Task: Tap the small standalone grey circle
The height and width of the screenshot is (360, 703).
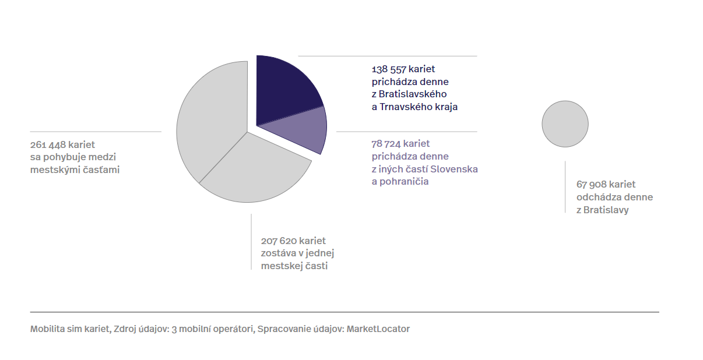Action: [x=565, y=123]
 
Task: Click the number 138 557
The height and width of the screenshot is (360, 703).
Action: [x=390, y=69]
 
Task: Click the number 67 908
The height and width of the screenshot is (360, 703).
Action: [x=592, y=185]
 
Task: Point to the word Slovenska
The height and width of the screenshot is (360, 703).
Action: [x=457, y=169]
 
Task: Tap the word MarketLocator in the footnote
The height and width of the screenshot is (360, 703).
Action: [x=378, y=329]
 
